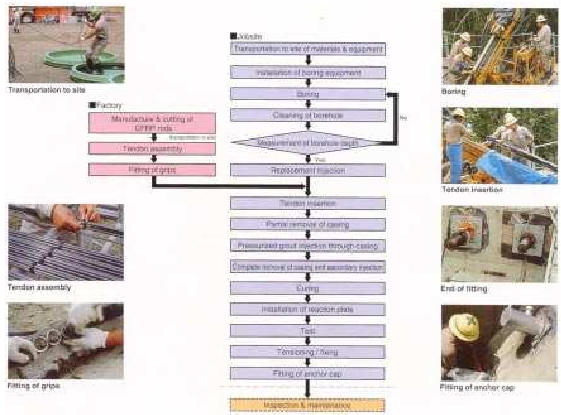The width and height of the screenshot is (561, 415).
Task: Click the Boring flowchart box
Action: click(x=307, y=94)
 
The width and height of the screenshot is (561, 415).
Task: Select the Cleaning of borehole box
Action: click(x=307, y=115)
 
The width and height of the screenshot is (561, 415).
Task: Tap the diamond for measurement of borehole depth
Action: click(x=307, y=143)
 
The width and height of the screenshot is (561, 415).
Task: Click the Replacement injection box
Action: click(x=307, y=170)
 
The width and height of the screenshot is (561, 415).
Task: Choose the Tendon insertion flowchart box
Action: click(x=307, y=203)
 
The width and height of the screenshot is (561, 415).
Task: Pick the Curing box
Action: click(x=307, y=288)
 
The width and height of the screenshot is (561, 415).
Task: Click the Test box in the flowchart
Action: click(x=307, y=331)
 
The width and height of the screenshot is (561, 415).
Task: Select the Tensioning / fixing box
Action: click(x=307, y=352)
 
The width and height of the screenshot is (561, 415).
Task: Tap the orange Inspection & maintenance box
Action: click(x=307, y=405)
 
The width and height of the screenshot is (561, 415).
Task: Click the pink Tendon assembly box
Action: click(x=152, y=149)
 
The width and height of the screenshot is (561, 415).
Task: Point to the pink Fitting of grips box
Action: click(x=152, y=170)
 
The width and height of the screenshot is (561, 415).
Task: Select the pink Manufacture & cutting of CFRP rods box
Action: click(x=152, y=123)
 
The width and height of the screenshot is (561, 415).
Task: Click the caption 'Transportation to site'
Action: click(x=46, y=90)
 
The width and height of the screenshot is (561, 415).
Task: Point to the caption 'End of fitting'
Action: click(x=464, y=289)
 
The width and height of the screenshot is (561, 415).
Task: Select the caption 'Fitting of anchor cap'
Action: click(x=477, y=387)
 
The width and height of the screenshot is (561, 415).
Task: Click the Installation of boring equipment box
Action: click(x=307, y=73)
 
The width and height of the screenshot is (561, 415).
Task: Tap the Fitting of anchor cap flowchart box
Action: click(x=307, y=373)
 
